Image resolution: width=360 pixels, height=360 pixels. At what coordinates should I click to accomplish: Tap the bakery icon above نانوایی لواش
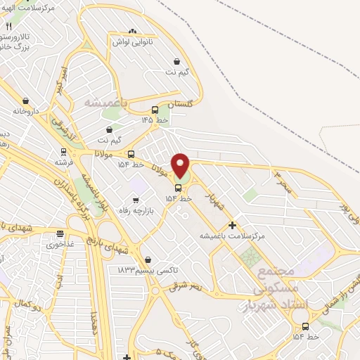(x=133, y=31)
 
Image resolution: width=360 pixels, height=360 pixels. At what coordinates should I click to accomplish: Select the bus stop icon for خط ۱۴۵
(x=155, y=110)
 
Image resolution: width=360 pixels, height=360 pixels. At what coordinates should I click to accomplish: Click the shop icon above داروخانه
(x=26, y=101)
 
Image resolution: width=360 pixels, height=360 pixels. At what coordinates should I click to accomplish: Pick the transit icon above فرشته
(x=63, y=151)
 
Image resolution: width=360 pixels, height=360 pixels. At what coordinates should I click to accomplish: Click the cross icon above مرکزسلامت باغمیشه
(x=232, y=225)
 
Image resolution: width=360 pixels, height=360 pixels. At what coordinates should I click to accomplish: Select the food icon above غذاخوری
(x=60, y=234)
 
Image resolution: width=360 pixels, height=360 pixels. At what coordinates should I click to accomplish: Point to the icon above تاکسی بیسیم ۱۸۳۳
(x=147, y=259)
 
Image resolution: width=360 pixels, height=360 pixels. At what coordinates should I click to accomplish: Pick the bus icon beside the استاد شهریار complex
(x=305, y=326)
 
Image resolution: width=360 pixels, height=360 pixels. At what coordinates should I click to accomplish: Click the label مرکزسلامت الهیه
(x=28, y=7)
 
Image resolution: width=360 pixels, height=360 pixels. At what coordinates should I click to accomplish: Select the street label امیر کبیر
(x=63, y=82)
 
